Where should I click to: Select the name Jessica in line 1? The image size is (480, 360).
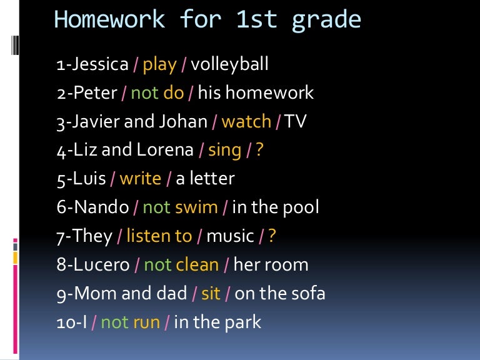coord(101,64)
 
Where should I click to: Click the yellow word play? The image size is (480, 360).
coord(159,65)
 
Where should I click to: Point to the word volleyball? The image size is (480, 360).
coord(229,64)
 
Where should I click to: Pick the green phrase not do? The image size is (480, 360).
coord(157,93)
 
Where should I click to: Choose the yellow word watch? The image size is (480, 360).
coord(246,122)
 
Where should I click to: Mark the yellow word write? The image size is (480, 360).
coord(140,179)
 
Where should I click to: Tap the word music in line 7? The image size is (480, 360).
coord(230,237)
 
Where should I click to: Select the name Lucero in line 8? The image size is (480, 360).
coord(100,265)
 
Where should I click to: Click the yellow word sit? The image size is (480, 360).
coord(211,294)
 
